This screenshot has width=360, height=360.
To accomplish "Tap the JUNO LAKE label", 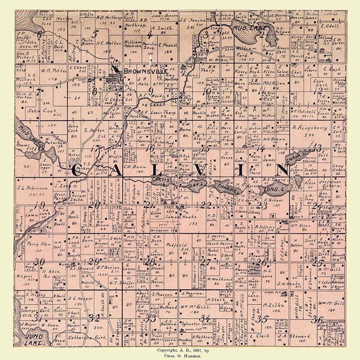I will [x=33, y=339].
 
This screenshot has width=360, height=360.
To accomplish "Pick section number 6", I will [x=40, y=34].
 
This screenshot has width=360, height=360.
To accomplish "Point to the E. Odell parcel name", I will [x=329, y=26].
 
